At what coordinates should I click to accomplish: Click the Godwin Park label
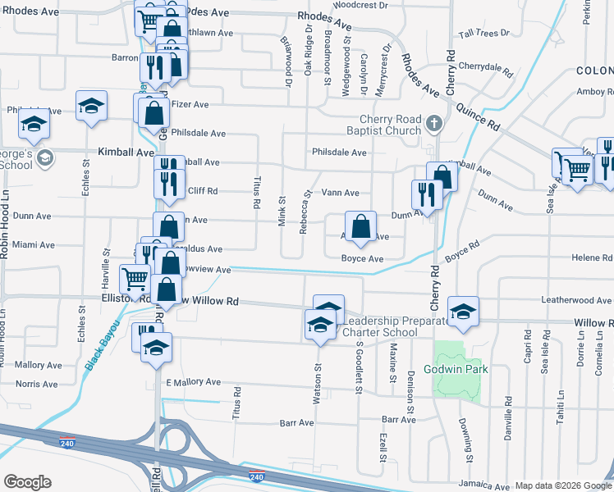coord(456,369)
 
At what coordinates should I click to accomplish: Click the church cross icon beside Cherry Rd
coord(435,125)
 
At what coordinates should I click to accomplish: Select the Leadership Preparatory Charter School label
coord(397,326)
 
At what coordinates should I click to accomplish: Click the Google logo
coord(27,481)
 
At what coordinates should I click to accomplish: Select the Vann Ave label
coord(340,193)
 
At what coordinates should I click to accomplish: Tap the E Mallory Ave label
coord(194,382)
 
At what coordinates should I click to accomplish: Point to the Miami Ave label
coord(34,245)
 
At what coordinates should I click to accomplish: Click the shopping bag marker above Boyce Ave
coord(360,226)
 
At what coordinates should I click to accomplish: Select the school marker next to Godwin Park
coord(463,311)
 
